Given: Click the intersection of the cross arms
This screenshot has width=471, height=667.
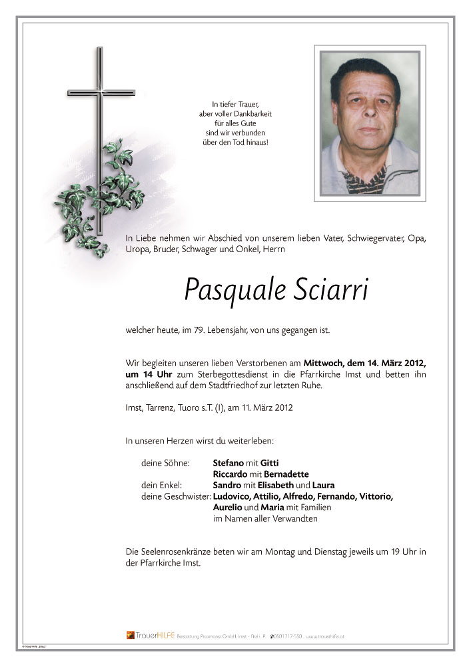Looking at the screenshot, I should point(101,91).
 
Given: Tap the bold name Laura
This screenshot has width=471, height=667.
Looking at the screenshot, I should point(324,485).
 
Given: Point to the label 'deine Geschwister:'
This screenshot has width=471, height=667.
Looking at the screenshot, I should point(177,496).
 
